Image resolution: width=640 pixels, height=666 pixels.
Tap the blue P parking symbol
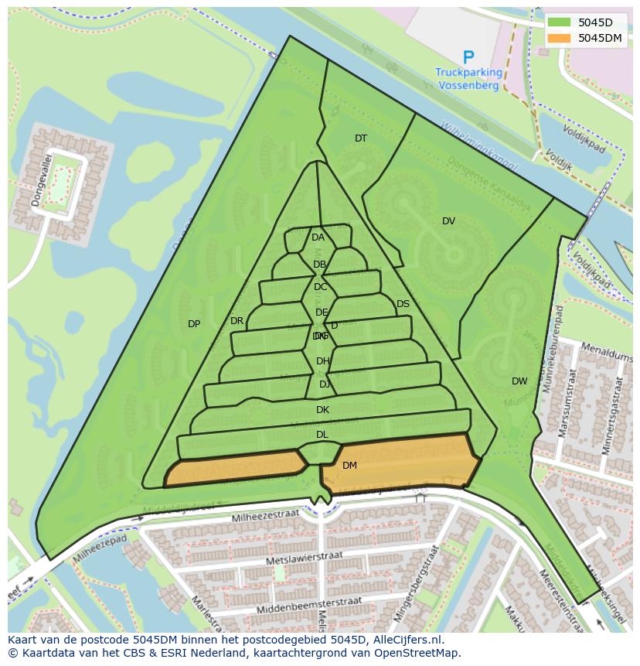pyautogui.click(x=468, y=57)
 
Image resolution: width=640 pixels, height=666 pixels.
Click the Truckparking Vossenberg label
pyautogui.click(x=468, y=79)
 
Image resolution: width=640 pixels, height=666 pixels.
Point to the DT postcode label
pyautogui.click(x=361, y=138)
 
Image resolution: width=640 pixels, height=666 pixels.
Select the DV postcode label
pyautogui.click(x=448, y=221)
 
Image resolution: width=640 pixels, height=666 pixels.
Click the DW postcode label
pyautogui.click(x=519, y=381)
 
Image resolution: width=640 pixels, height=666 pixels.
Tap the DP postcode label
pyautogui.click(x=194, y=324)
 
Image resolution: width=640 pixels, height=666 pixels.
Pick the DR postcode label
pyautogui.click(x=237, y=321)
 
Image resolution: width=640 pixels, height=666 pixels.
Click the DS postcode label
pyautogui.click(x=403, y=304)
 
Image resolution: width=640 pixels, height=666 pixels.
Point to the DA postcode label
pyautogui.click(x=318, y=237)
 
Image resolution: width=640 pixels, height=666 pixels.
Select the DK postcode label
pyautogui.click(x=322, y=410)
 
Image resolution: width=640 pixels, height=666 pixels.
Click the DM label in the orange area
pyautogui.click(x=349, y=466)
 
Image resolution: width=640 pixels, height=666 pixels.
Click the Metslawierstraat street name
pyautogui.click(x=301, y=558)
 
